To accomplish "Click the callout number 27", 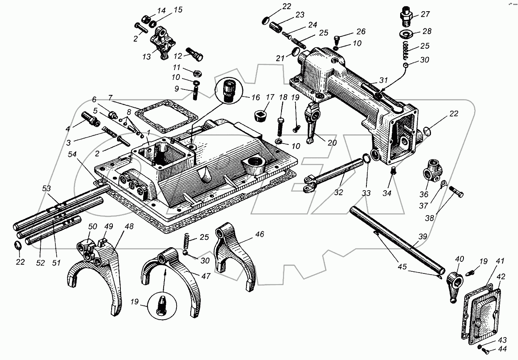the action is point(425,14).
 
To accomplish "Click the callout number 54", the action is point(72,154).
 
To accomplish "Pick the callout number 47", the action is point(206,276).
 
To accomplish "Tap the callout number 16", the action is point(256,97).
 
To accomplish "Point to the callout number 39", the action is point(423,237).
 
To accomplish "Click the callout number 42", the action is point(501,277).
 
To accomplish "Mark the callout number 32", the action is point(339,192).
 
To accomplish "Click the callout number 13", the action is point(147,57).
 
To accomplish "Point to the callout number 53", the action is point(46,188).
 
